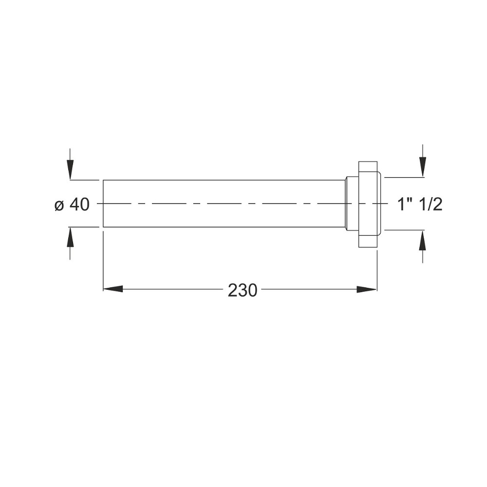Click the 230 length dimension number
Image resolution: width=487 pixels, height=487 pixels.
pyautogui.click(x=243, y=291)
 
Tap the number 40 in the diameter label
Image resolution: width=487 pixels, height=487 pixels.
pyautogui.click(x=79, y=205)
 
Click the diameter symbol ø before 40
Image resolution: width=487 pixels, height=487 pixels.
pyautogui.click(x=59, y=206)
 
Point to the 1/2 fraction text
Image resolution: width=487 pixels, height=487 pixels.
pyautogui.click(x=430, y=205)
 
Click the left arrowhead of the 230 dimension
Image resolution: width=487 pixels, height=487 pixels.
pyautogui.click(x=113, y=289)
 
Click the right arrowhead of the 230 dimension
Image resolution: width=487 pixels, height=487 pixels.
pyautogui.click(x=367, y=289)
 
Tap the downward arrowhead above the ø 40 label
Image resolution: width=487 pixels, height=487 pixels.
pyautogui.click(x=70, y=169)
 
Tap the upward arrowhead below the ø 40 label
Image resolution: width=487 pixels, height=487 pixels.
pyautogui.click(x=70, y=237)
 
